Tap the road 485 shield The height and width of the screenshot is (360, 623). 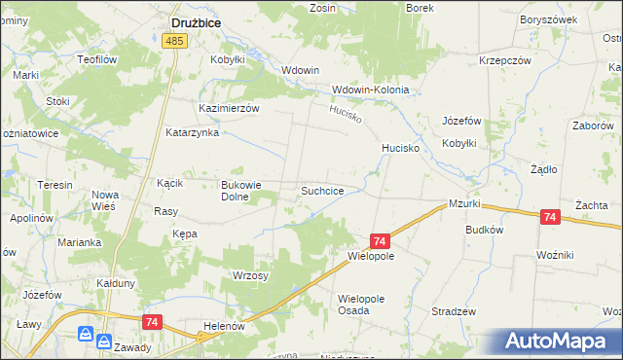point(175,41)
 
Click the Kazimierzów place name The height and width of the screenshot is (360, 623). point(229,108)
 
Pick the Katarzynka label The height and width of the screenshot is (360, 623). point(192,132)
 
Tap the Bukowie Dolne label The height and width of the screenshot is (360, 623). point(243,190)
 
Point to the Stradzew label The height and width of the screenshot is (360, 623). point(454,311)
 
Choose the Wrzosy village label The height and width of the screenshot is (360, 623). point(250,275)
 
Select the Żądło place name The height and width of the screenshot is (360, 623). point(542,168)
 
